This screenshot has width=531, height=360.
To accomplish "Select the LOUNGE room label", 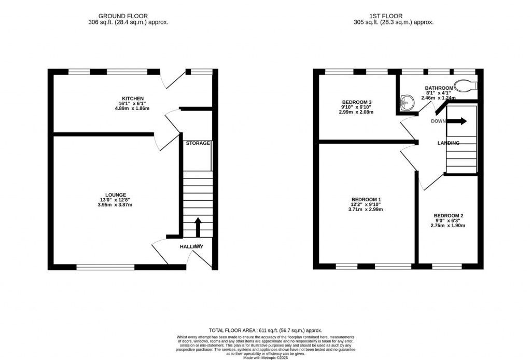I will (117, 195).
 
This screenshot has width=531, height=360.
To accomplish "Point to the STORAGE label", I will (198, 143).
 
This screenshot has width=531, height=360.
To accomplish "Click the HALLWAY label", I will (192, 246).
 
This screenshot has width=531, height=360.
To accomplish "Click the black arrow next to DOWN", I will (457, 121).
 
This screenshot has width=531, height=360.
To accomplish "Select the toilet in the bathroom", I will (465, 85).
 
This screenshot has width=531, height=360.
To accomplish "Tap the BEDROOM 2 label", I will (448, 216).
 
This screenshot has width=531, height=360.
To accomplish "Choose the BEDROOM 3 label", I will (357, 102).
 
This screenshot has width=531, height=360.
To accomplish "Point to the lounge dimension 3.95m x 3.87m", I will (117, 204).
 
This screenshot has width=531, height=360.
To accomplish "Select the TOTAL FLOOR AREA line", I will (265, 330).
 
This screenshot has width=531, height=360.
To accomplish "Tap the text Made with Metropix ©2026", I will (265, 357).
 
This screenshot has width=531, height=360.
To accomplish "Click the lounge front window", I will (105, 267).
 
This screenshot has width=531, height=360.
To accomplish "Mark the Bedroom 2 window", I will (447, 267).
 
